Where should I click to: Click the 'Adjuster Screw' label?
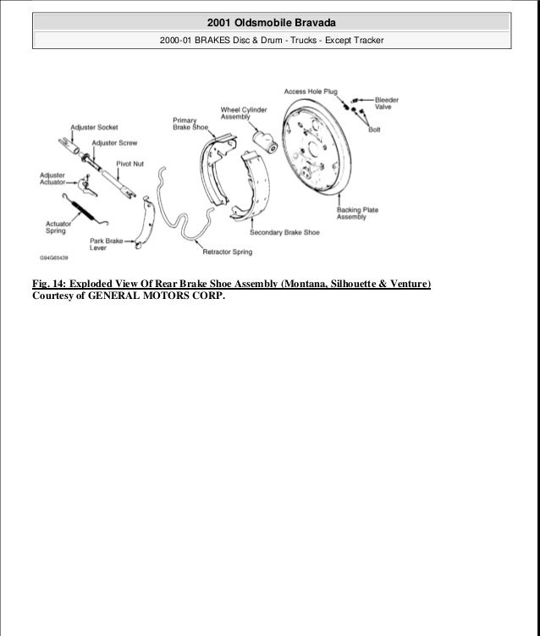click(x=115, y=143)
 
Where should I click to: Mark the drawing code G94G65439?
click(x=55, y=257)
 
